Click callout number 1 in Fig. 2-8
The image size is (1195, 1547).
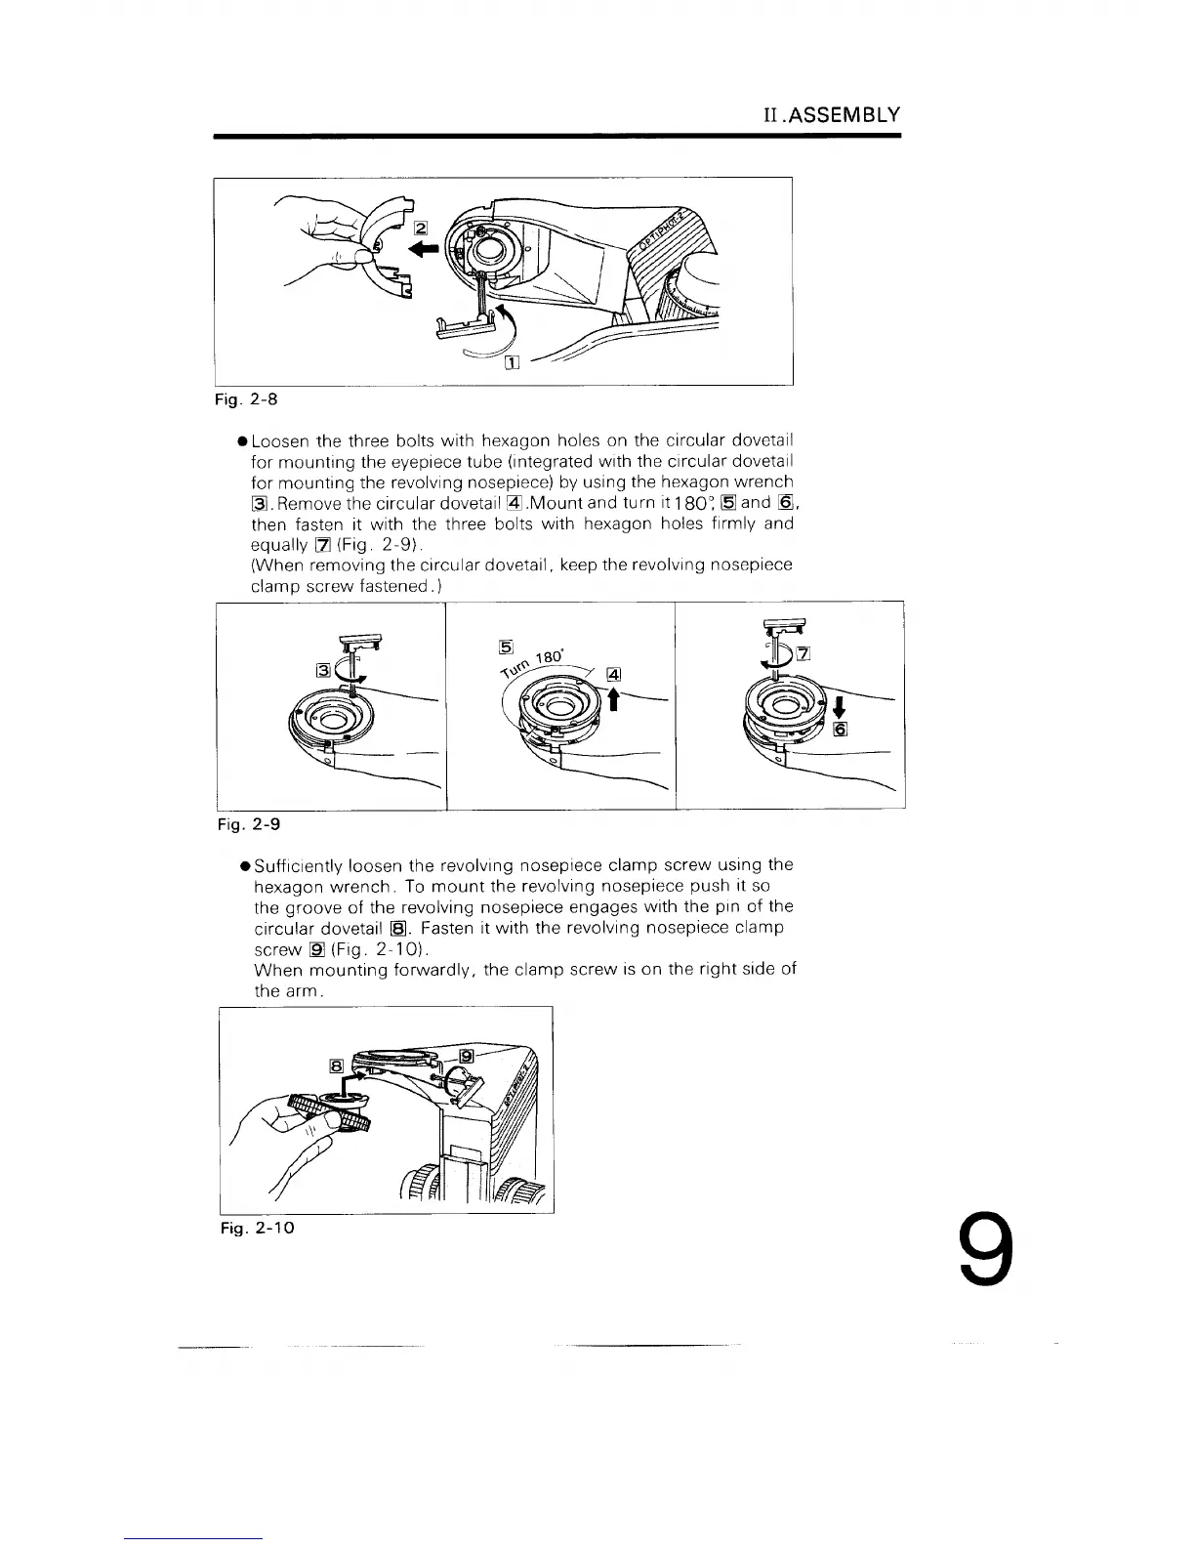click(x=510, y=364)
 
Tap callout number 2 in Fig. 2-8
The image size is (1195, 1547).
click(x=421, y=228)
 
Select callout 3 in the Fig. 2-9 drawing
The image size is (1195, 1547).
click(x=322, y=669)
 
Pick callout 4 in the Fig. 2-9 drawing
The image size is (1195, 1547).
click(x=614, y=673)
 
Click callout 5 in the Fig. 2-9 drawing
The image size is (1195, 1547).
click(x=506, y=645)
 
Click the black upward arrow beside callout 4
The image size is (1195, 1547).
click(x=614, y=699)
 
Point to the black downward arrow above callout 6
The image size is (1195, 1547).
click(x=837, y=705)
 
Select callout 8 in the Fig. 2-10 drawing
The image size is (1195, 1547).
click(x=336, y=1066)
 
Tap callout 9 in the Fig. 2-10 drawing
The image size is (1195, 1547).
click(x=467, y=1056)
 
